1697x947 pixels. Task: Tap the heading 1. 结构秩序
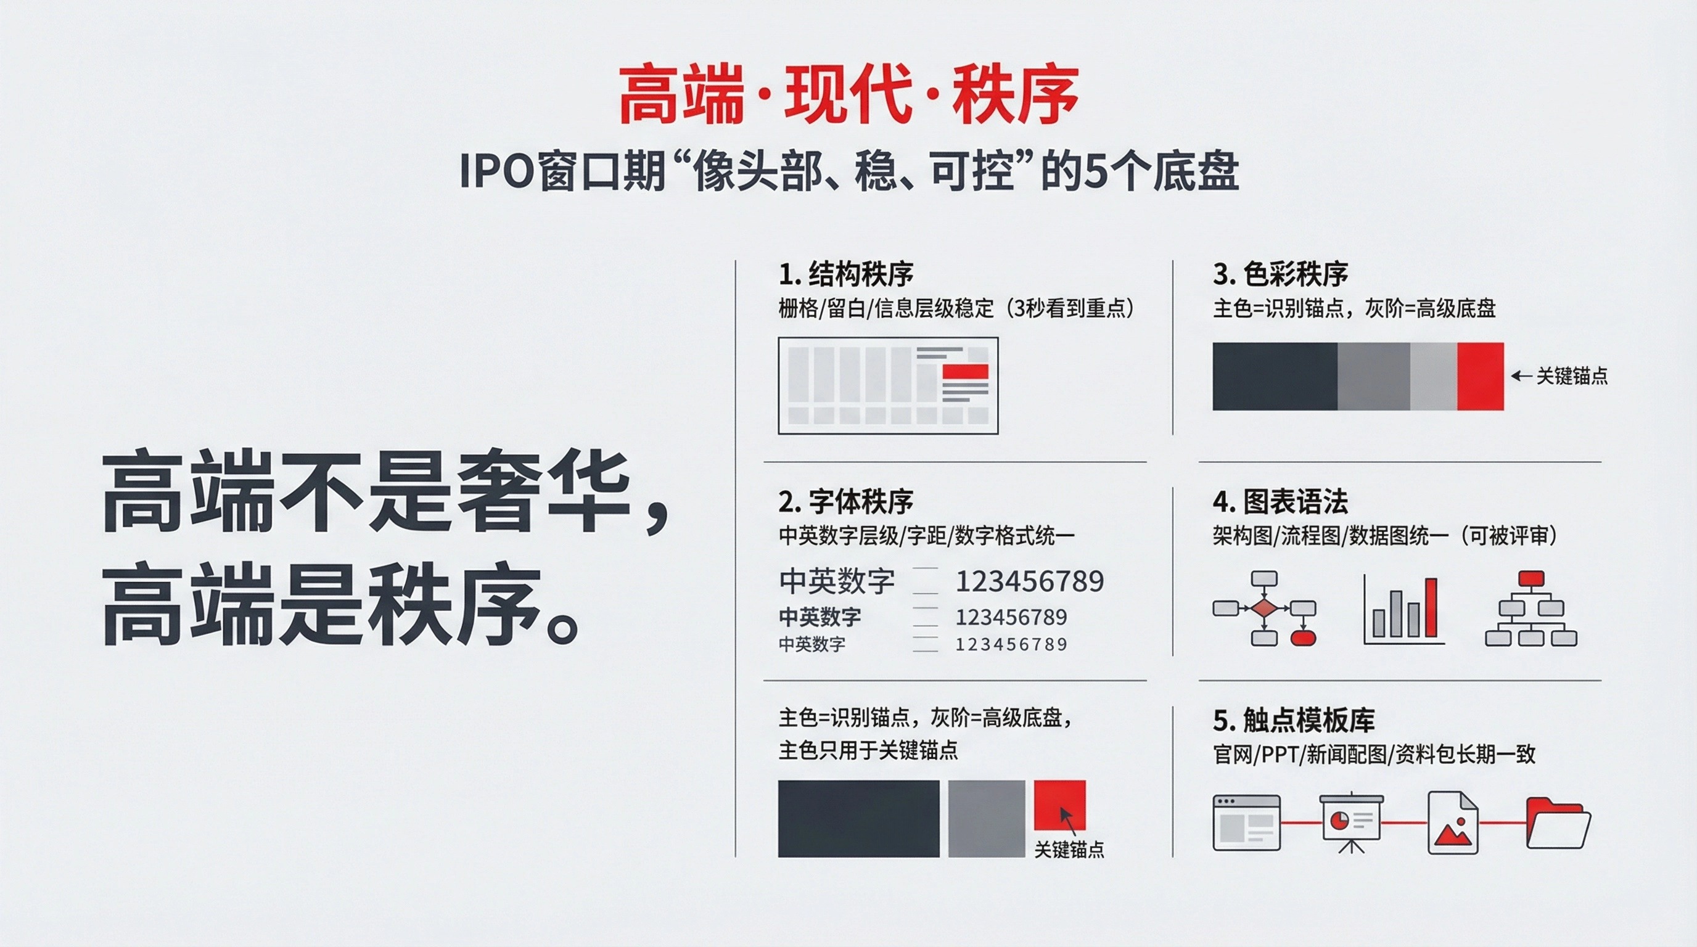click(x=846, y=274)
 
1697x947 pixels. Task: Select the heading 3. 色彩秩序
click(x=1280, y=274)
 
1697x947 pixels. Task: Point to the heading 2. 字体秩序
click(x=846, y=502)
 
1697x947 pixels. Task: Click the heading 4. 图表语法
click(x=1280, y=502)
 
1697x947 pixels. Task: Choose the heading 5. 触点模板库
click(x=1293, y=721)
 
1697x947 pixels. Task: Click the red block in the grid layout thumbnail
click(x=965, y=371)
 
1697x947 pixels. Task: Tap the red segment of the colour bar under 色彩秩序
click(x=1481, y=376)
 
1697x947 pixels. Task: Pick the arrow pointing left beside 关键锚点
click(x=1522, y=376)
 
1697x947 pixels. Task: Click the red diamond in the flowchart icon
click(x=1264, y=608)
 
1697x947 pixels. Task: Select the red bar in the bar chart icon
click(x=1431, y=607)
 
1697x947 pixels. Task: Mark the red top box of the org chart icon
click(x=1531, y=579)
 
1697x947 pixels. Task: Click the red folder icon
click(x=1558, y=822)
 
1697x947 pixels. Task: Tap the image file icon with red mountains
click(x=1453, y=822)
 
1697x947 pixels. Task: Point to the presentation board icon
click(x=1351, y=822)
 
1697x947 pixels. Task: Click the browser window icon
click(x=1246, y=822)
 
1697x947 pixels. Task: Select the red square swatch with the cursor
click(x=1059, y=805)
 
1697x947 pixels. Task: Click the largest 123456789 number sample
click(x=1030, y=581)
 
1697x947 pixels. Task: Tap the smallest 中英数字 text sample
click(x=812, y=644)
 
